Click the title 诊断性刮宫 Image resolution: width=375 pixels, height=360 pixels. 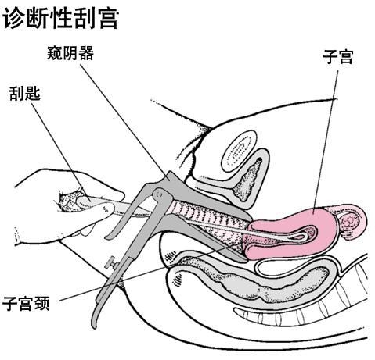[x=60, y=18]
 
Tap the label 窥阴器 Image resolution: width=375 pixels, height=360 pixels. [x=70, y=54]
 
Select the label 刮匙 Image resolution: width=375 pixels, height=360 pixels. [x=25, y=93]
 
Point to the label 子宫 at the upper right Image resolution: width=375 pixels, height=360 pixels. [x=337, y=57]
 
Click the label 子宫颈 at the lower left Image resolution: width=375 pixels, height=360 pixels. [x=26, y=304]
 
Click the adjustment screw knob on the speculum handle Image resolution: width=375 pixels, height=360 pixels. [x=110, y=262]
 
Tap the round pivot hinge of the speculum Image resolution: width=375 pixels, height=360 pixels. [x=160, y=194]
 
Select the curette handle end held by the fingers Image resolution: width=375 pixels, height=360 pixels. [x=84, y=201]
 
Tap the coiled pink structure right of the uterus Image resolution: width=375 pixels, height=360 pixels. [x=350, y=221]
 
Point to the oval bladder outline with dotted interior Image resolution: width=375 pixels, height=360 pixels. [x=239, y=151]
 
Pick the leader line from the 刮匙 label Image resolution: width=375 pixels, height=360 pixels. [x=60, y=151]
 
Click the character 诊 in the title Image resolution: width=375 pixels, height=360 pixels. [x=13, y=18]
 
